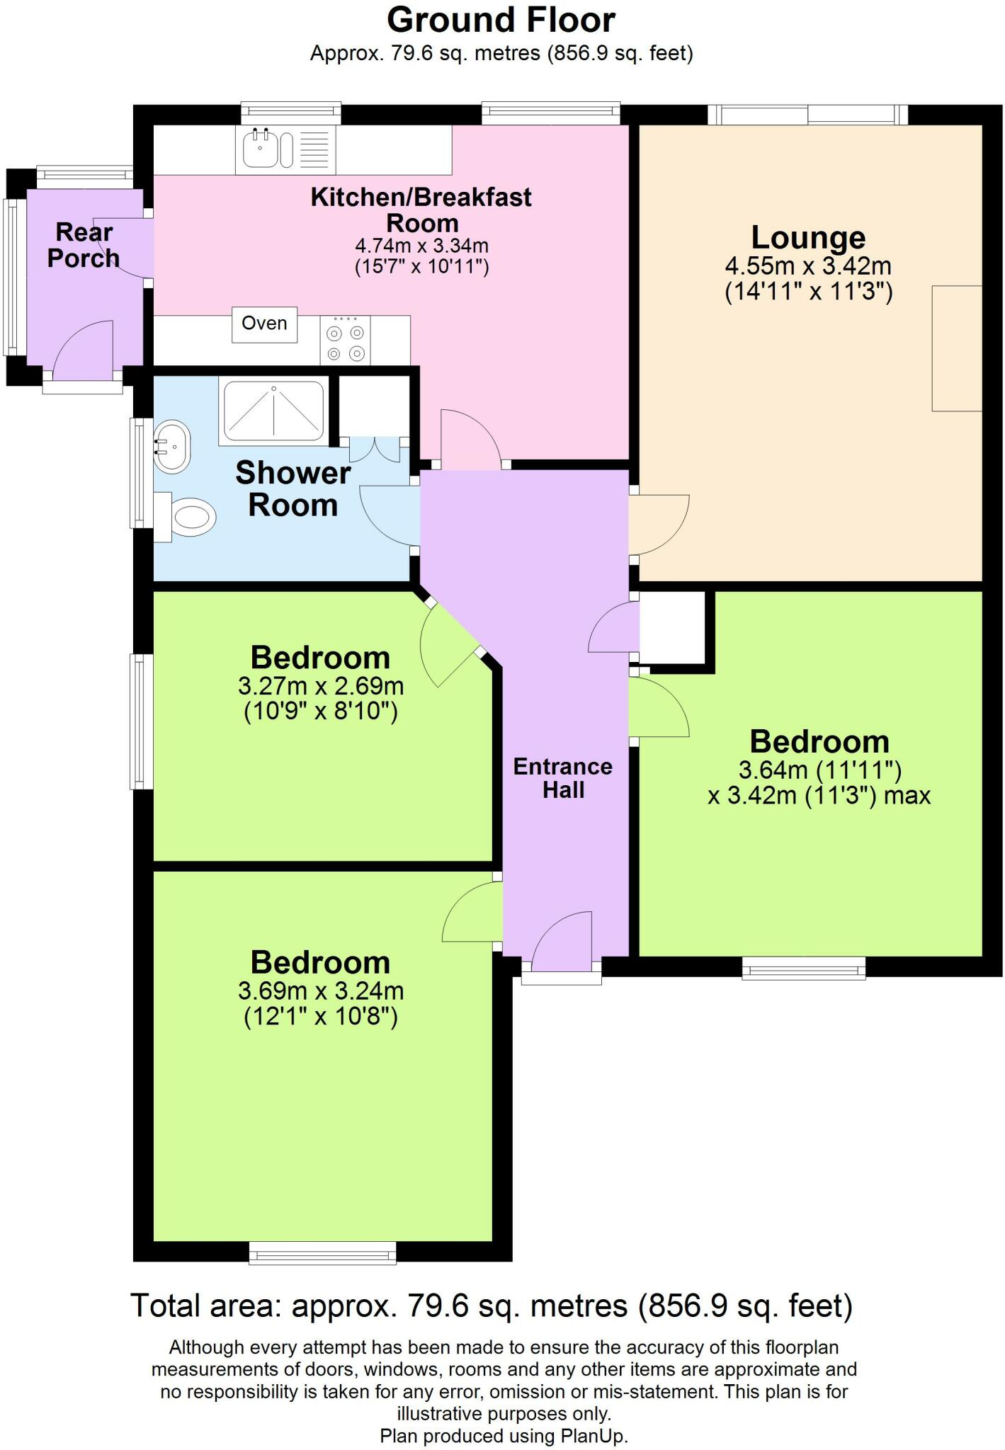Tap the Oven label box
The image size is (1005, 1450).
click(x=265, y=324)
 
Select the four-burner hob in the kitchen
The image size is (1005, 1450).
click(x=345, y=341)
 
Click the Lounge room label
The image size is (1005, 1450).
click(x=808, y=237)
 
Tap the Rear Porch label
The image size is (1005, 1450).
click(x=84, y=245)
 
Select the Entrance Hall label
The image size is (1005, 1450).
click(x=563, y=778)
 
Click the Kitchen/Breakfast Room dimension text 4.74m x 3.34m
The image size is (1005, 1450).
click(x=422, y=246)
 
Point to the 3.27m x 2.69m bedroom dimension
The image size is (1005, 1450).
click(x=321, y=686)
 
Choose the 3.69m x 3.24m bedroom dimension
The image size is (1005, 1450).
click(x=321, y=991)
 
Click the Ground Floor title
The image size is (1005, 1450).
click(x=501, y=20)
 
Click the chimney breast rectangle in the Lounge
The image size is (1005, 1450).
click(x=957, y=348)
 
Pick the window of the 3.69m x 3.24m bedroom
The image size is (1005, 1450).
click(x=323, y=1253)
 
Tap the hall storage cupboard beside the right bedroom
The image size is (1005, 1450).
click(x=672, y=627)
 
